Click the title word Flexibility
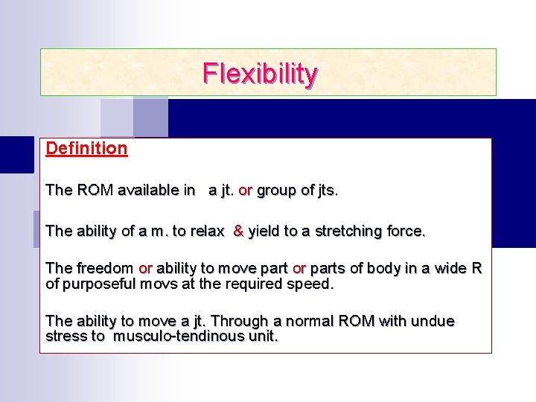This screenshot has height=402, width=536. coord(261,74)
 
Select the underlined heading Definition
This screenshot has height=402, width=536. coord(86,148)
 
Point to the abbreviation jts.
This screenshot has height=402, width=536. coord(327,191)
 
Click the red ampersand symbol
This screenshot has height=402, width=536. coord(238,231)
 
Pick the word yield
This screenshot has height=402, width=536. coord(265,232)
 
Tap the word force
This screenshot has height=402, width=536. coord(406,231)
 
